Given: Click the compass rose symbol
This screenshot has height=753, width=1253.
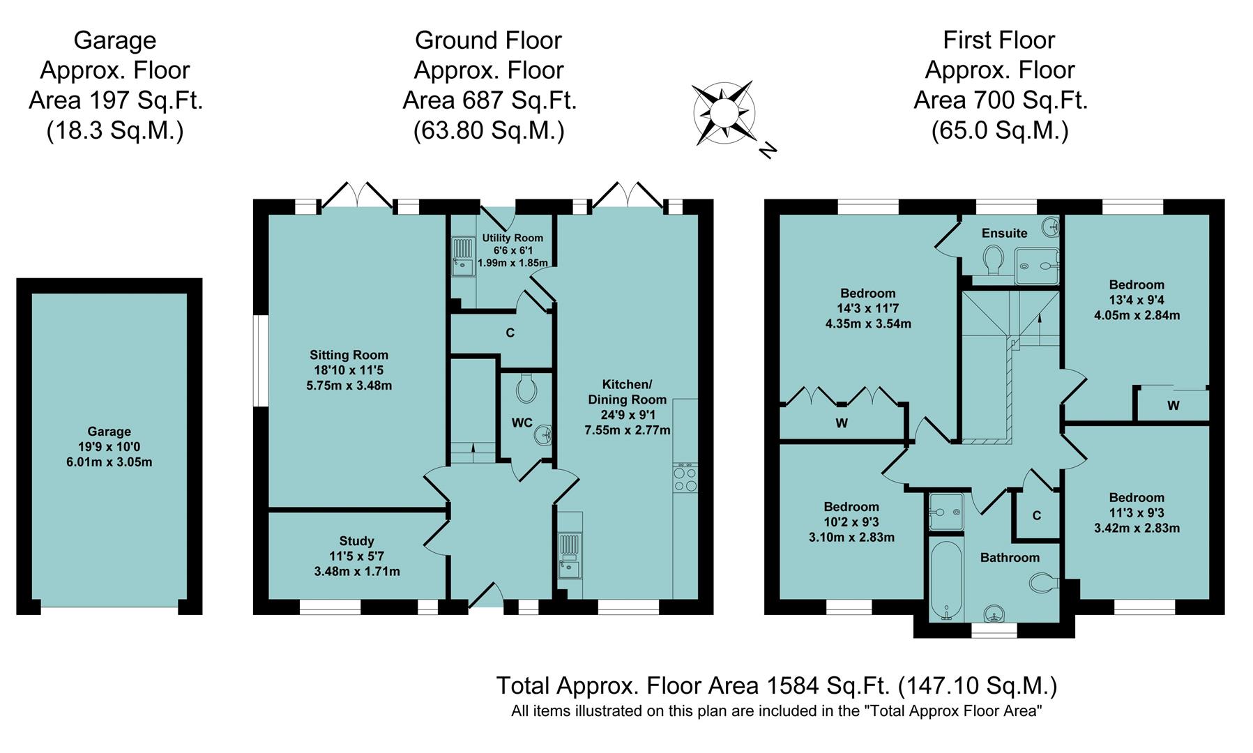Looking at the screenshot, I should point(723,112).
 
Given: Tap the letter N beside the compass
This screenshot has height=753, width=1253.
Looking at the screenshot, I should point(768,150).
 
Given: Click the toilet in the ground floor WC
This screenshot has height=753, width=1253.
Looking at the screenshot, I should point(526,388).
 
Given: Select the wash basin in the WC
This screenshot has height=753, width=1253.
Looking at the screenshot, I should point(543,436).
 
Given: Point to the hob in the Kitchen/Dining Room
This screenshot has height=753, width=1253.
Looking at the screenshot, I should point(685,478).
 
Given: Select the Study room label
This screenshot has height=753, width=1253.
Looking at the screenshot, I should point(356,541).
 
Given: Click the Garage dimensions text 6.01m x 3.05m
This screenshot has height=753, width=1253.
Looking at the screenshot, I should point(109,462).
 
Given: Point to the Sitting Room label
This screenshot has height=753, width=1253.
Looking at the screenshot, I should point(349,355).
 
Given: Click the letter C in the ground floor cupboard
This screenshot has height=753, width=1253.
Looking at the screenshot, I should point(510,333).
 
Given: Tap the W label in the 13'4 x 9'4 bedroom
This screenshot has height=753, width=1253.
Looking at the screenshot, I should point(1174,406).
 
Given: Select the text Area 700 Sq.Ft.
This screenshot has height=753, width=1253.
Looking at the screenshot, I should point(1000,100).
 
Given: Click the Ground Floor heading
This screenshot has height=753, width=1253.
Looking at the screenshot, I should point(488,40).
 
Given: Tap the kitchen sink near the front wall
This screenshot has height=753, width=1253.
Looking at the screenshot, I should point(570,556).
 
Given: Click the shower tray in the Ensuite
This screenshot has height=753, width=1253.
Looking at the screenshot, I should point(1036,266).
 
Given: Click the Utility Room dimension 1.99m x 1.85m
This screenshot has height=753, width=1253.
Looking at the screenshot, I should point(512,263).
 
